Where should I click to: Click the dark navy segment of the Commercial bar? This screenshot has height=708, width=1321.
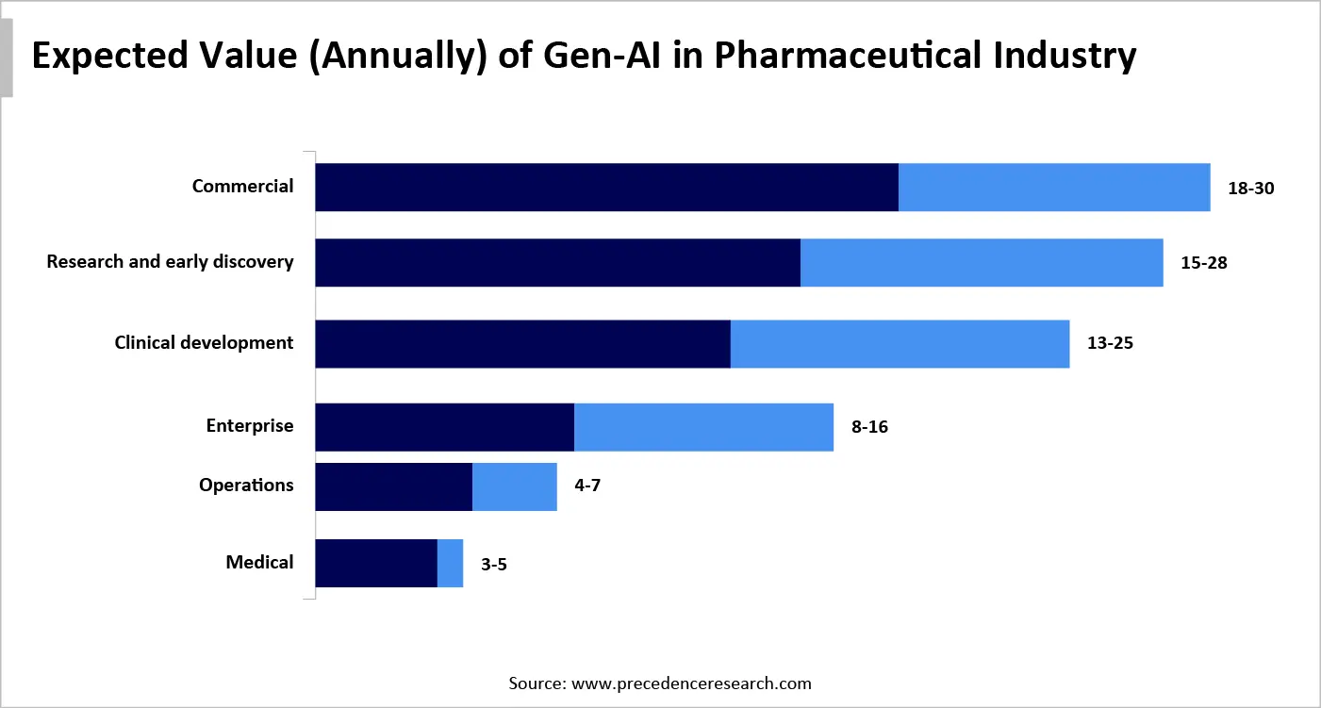(x=606, y=187)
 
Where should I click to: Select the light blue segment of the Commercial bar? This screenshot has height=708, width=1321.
(x=1054, y=187)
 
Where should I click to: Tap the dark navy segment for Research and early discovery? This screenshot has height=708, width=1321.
(x=557, y=262)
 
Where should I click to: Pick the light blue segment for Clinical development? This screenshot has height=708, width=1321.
(x=900, y=343)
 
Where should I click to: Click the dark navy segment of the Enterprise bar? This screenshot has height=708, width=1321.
(x=444, y=427)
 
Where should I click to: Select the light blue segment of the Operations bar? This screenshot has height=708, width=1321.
(x=515, y=486)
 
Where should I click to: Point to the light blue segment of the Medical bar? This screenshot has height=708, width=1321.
(x=451, y=563)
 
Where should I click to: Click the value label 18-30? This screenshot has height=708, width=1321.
(x=1250, y=188)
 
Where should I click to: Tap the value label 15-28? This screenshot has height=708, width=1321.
(x=1203, y=263)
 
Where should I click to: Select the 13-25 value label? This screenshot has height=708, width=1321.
(x=1110, y=343)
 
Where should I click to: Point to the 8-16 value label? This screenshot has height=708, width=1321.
(x=869, y=427)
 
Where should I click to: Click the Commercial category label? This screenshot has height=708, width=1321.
(x=242, y=187)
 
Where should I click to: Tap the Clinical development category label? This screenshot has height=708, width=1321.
(x=204, y=343)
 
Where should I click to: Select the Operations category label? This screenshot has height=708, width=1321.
(x=246, y=486)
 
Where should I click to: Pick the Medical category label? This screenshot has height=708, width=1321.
(x=259, y=563)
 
